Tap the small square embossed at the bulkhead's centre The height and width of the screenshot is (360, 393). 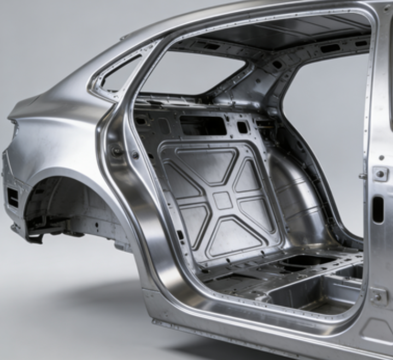click(x=222, y=199)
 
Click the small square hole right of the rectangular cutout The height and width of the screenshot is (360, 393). click(x=242, y=127)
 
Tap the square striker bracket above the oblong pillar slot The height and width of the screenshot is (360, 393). click(x=380, y=174)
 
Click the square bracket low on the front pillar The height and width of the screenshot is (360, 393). click(x=378, y=296)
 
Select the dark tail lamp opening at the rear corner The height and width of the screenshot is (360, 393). click(x=13, y=197)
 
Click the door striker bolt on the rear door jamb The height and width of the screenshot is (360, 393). click(x=116, y=150)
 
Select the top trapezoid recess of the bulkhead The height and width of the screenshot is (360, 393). click(x=211, y=164)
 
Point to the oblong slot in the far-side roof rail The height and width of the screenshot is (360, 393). click(x=330, y=48)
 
